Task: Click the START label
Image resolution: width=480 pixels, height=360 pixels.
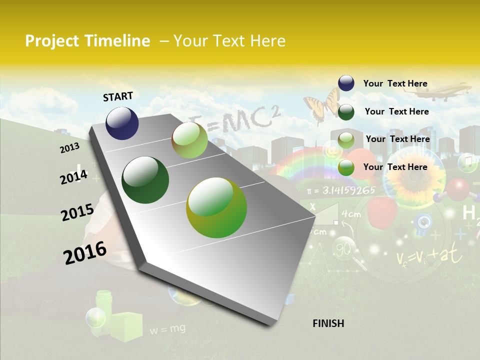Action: click(x=118, y=96)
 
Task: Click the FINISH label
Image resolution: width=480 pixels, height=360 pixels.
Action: click(x=328, y=323)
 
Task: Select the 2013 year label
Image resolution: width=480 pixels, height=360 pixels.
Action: click(x=69, y=148)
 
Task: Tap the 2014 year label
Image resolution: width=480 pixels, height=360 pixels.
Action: click(x=73, y=177)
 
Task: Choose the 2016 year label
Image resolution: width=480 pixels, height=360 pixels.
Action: click(x=85, y=253)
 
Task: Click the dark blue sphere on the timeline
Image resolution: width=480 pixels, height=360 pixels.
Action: click(x=122, y=123)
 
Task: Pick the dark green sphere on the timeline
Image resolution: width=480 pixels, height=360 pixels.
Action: click(x=145, y=180)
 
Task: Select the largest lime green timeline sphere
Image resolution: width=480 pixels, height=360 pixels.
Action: click(x=216, y=207)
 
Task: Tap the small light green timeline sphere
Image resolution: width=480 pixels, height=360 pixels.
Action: click(x=189, y=140)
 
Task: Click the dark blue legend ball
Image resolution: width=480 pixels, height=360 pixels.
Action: click(x=346, y=83)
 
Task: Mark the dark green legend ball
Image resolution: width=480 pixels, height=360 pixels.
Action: click(x=346, y=111)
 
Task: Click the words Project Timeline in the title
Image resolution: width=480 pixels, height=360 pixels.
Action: click(x=87, y=41)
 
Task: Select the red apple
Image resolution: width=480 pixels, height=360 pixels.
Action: click(x=382, y=210)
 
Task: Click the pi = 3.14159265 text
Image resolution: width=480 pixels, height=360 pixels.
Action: click(x=341, y=190)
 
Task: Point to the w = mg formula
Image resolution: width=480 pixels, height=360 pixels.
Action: click(x=167, y=328)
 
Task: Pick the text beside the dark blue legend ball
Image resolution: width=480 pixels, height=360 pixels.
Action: click(x=395, y=83)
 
